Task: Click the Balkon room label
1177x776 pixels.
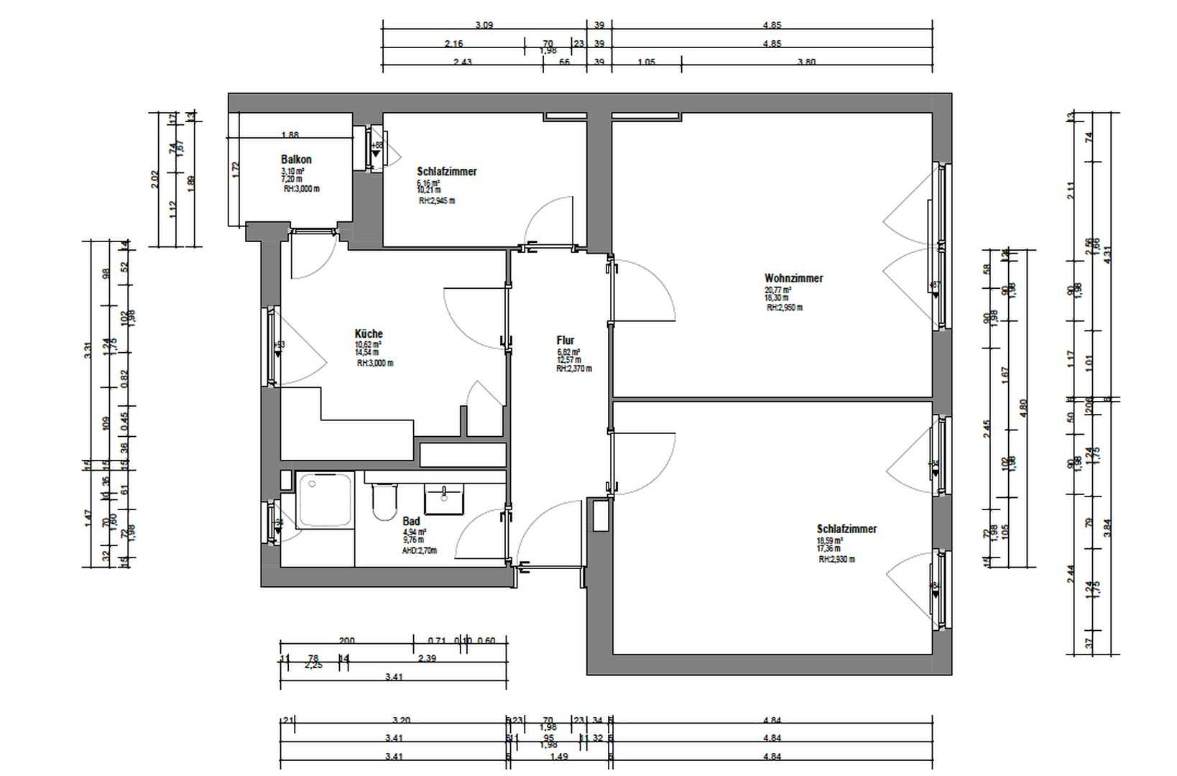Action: pyautogui.click(x=296, y=160)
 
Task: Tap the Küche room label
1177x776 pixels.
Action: pyautogui.click(x=369, y=333)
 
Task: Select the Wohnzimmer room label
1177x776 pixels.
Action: pyautogui.click(x=793, y=278)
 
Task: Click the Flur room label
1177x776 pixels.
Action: pyautogui.click(x=566, y=341)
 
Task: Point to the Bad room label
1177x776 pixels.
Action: pyautogui.click(x=411, y=521)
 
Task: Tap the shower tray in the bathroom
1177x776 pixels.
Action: pyautogui.click(x=325, y=499)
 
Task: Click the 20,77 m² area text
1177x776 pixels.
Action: pyautogui.click(x=777, y=290)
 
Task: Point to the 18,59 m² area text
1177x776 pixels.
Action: pyautogui.click(x=829, y=540)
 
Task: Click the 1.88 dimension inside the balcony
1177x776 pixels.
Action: pyautogui.click(x=290, y=134)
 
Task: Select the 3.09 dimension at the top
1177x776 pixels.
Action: pyautogui.click(x=484, y=25)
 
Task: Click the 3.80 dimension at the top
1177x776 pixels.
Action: pyautogui.click(x=806, y=62)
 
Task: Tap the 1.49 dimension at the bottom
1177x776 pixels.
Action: pyautogui.click(x=558, y=756)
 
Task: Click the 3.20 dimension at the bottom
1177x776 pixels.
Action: pyautogui.click(x=401, y=720)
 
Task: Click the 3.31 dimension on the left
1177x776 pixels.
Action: pyautogui.click(x=88, y=351)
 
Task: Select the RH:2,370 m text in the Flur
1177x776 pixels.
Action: pyautogui.click(x=573, y=369)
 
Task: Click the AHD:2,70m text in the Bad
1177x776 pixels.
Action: pyautogui.click(x=419, y=550)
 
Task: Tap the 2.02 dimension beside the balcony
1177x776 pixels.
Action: pyautogui.click(x=154, y=180)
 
